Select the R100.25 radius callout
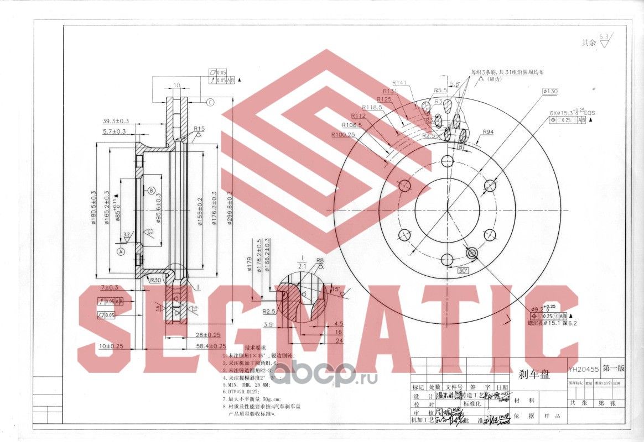coord(343,134)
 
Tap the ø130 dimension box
coord(550,91)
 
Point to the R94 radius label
coord(488,132)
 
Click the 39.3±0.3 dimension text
coord(115,120)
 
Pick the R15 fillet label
coord(199,129)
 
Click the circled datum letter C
coord(211,102)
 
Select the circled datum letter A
coord(121,250)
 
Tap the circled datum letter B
coord(151,191)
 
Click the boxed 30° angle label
coord(463,270)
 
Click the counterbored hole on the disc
coord(472,253)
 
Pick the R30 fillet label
coord(155,280)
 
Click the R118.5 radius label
coord(372,107)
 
